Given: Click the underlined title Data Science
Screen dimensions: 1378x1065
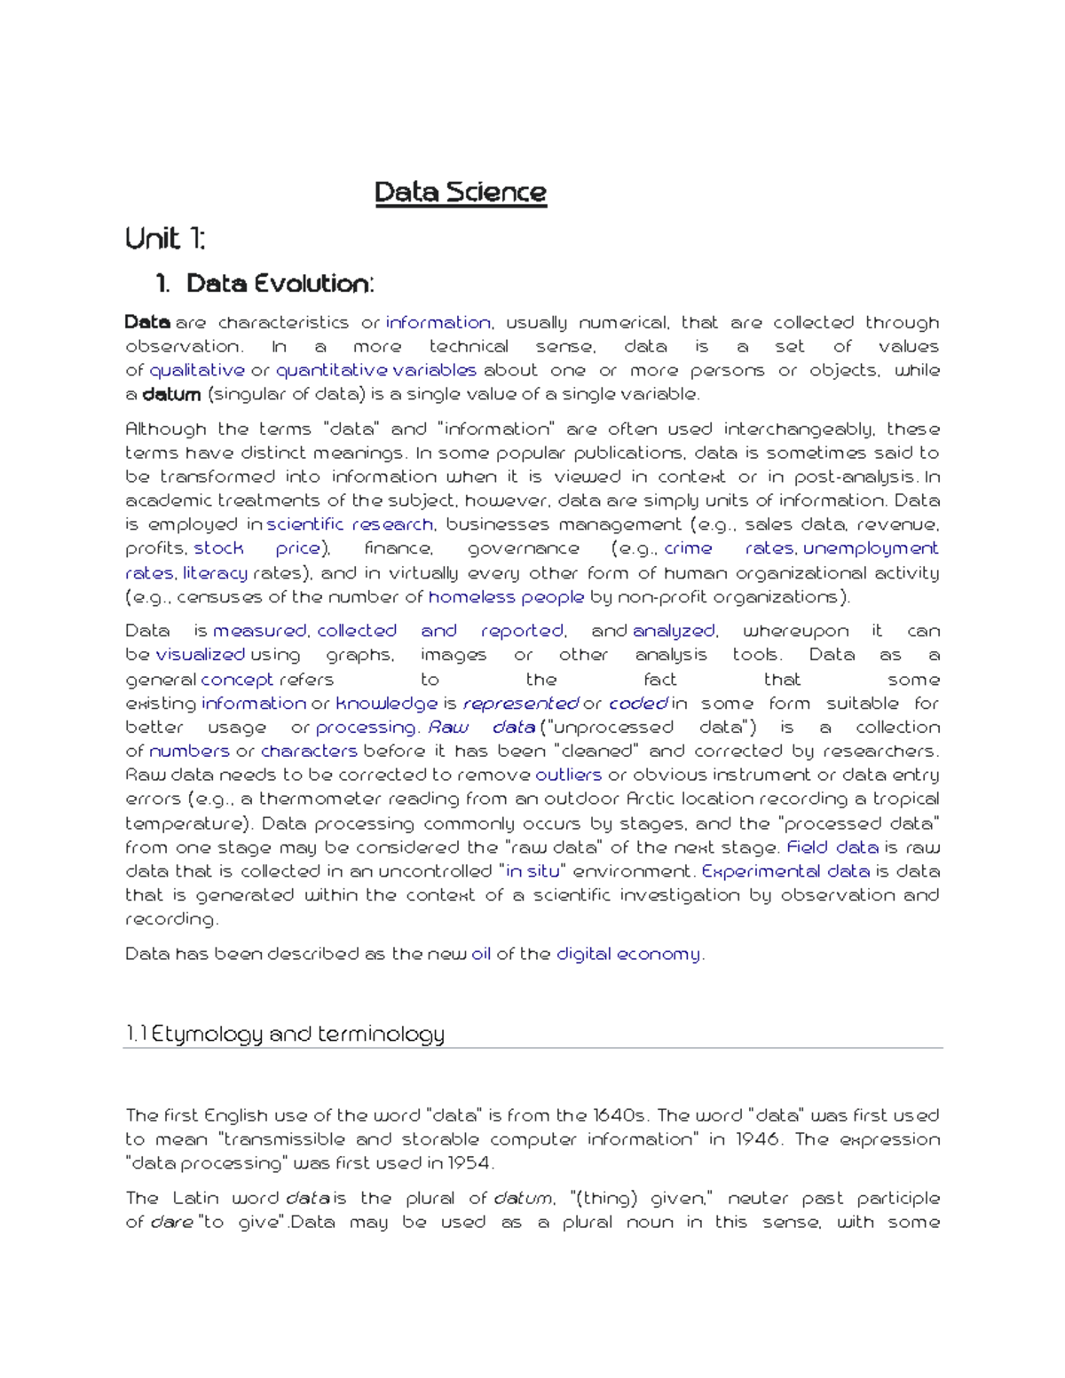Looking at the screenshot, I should [461, 193].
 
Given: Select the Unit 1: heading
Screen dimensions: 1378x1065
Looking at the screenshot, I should [165, 239].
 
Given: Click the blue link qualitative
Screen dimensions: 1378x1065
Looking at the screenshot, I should [197, 370].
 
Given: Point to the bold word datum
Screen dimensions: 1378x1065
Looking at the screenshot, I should [171, 394].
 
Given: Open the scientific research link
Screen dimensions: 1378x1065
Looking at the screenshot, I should [350, 524].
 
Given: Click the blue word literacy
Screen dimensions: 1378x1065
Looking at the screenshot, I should [215, 573].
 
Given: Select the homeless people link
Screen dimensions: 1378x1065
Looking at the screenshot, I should [506, 597].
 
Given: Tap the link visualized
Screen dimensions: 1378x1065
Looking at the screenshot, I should [200, 655].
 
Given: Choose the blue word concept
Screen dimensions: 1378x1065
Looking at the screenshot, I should [237, 680].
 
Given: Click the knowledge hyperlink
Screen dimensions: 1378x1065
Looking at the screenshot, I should [386, 704].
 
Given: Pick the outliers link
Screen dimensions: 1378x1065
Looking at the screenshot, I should [568, 775].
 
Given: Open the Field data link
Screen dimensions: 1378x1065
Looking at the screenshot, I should [832, 847].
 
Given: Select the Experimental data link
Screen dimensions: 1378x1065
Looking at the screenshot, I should [785, 871].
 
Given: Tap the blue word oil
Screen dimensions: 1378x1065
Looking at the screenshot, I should [481, 954].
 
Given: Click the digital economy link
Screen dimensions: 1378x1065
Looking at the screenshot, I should [628, 954].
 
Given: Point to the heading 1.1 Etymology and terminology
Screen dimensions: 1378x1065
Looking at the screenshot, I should [285, 1034].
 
